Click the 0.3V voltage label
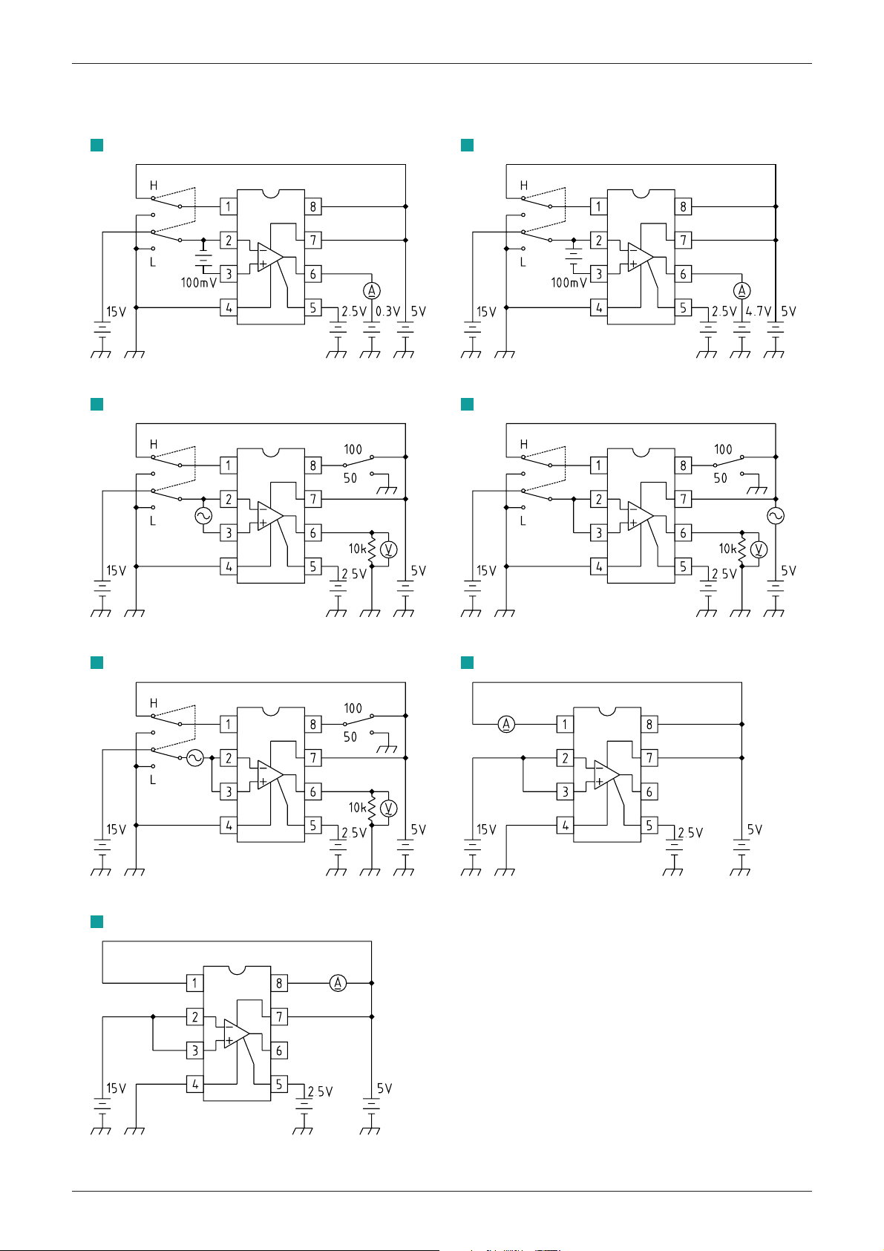click(387, 312)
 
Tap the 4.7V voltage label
click(758, 312)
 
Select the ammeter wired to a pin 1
click(505, 724)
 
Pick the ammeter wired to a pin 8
click(338, 983)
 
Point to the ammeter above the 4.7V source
click(741, 290)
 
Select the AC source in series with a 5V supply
click(776, 516)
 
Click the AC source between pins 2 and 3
click(203, 516)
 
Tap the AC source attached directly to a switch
click(194, 758)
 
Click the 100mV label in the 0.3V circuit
click(199, 283)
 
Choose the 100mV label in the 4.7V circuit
click(569, 283)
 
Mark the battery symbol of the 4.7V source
click(741, 327)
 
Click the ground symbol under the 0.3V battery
click(370, 353)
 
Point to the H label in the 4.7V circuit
click(524, 186)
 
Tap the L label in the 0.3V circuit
click(153, 263)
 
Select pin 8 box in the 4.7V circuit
click(684, 206)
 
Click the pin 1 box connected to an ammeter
click(565, 724)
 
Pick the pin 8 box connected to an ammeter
click(279, 983)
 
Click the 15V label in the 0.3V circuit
click(117, 312)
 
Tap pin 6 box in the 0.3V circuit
click(312, 274)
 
